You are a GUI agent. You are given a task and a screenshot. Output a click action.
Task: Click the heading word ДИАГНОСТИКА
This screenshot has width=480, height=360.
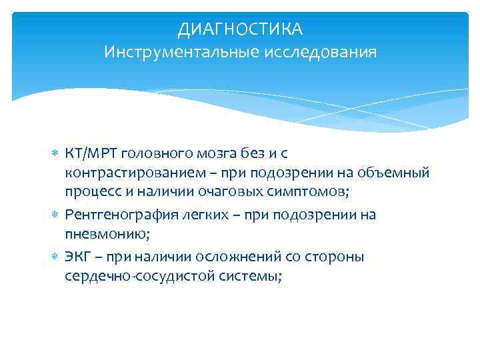pos(240,29)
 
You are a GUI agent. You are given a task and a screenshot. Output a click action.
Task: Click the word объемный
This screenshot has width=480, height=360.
pos(397,174)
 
